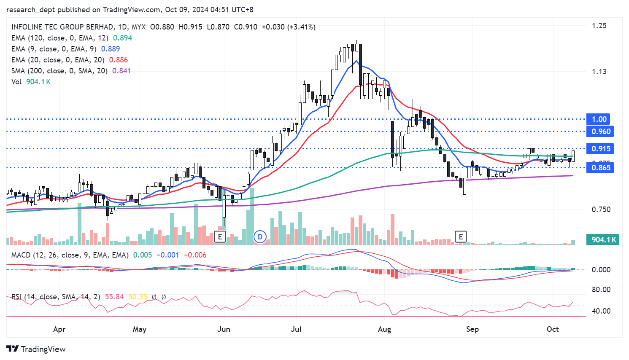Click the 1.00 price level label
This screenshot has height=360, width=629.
[x=599, y=119]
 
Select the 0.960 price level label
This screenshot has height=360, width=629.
[x=601, y=132]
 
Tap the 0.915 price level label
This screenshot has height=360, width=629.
[x=601, y=149]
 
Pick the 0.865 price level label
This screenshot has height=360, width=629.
[x=601, y=168]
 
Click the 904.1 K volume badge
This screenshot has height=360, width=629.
[x=604, y=240]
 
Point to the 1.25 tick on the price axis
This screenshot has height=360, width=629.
[x=599, y=26]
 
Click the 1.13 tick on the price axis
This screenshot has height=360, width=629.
[x=599, y=71]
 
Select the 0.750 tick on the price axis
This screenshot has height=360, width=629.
[x=601, y=210]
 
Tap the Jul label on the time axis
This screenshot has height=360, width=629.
[x=296, y=329]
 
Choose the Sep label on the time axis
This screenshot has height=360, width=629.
[x=472, y=329]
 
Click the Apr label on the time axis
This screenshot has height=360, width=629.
[x=59, y=329]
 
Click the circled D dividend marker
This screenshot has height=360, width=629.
[x=260, y=237]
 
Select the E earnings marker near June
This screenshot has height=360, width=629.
[x=220, y=237]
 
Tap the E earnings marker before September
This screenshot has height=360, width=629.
[x=461, y=237]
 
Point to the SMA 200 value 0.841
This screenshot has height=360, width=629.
[x=121, y=71]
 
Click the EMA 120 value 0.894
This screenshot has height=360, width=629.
[x=122, y=38]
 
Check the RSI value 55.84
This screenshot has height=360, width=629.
[x=114, y=297]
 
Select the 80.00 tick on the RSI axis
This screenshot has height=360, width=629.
[x=601, y=290]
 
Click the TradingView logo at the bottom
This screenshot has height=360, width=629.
[x=36, y=349]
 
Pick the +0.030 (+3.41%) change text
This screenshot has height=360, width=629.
[x=289, y=27]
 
